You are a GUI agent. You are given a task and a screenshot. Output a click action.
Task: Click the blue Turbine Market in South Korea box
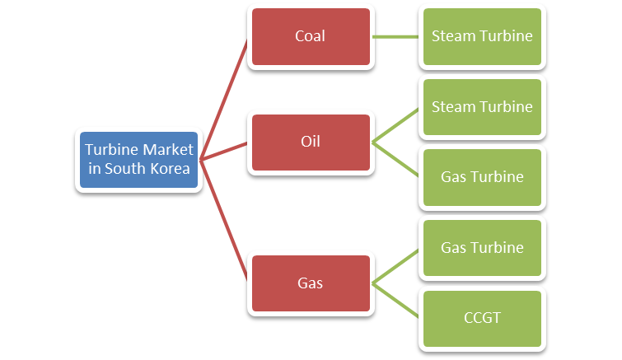tap(138, 159)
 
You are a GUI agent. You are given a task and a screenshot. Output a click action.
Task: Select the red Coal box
tap(310, 36)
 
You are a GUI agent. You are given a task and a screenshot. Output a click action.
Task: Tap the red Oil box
tap(310, 142)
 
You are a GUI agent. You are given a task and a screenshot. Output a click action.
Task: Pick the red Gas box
tap(310, 283)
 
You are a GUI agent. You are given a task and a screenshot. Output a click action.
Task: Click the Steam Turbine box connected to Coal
tap(482, 36)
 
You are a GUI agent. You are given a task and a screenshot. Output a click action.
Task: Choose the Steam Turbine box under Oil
tap(482, 107)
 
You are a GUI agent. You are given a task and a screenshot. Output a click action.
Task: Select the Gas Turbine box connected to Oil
tap(482, 177)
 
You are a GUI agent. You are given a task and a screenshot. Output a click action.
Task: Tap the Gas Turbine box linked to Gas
tap(482, 248)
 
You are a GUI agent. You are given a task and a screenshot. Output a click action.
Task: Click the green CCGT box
tap(482, 318)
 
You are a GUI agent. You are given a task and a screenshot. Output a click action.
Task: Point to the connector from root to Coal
tap(224, 99)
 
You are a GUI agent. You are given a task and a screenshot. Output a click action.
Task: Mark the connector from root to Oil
tap(224, 151)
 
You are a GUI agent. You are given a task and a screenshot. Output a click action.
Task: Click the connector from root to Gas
tap(224, 220)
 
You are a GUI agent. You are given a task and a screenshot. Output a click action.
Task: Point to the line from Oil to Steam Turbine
tap(397, 124)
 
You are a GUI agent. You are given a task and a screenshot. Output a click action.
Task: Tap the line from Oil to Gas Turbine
tap(397, 160)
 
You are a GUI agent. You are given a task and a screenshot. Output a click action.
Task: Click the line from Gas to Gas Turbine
tap(397, 265)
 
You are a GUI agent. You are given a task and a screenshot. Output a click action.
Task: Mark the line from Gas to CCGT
tap(397, 301)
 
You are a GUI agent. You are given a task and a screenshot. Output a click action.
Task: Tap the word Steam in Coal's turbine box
tap(451, 36)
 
